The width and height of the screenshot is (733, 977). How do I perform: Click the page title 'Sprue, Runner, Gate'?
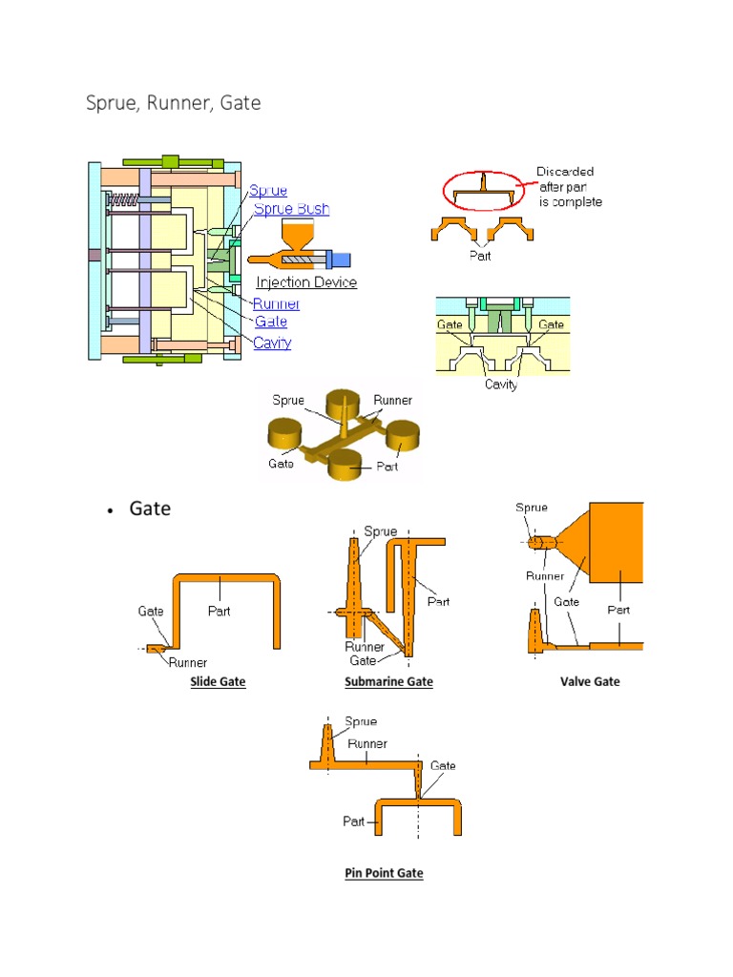[x=174, y=102]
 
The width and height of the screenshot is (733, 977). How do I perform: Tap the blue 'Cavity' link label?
[x=273, y=343]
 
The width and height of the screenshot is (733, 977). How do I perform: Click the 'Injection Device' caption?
[x=306, y=282]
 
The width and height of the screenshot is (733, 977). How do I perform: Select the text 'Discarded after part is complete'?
[x=569, y=187]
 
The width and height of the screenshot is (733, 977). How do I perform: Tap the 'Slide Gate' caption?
[x=219, y=682]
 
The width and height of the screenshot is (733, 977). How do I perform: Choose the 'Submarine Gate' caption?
[x=388, y=682]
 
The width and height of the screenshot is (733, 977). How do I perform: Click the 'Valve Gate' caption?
[x=590, y=681]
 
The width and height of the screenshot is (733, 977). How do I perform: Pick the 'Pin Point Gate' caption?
[x=384, y=873]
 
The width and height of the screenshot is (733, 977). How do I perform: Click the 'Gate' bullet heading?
[x=150, y=509]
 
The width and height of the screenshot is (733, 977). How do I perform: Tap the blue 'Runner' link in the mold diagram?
[x=276, y=303]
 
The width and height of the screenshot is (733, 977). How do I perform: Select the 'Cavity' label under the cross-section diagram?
[x=500, y=385]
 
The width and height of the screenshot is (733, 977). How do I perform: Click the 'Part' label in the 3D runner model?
[x=387, y=468]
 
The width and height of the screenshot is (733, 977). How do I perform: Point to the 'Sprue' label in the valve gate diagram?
[x=532, y=508]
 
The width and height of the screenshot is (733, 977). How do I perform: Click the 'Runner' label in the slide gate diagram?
[x=188, y=662]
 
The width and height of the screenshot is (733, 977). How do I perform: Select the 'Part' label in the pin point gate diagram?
[x=354, y=821]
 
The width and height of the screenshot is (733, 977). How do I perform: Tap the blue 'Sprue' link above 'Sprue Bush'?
[x=269, y=191]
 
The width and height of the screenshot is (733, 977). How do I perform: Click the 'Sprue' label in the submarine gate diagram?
[x=381, y=531]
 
